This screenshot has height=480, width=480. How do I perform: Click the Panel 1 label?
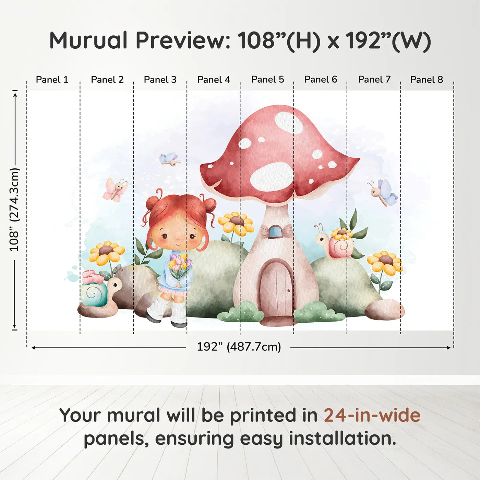pyautogui.click(x=52, y=80)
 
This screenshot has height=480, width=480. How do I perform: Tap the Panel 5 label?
pyautogui.click(x=267, y=80)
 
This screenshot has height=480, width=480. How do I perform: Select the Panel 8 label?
pyautogui.click(x=427, y=80)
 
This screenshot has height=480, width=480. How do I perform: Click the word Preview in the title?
pyautogui.click(x=180, y=40)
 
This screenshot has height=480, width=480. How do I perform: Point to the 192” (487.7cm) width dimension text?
pyautogui.click(x=239, y=347)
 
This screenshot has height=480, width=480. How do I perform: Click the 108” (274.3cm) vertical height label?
pyautogui.click(x=14, y=209)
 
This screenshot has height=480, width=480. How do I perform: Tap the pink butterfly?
pyautogui.click(x=115, y=189)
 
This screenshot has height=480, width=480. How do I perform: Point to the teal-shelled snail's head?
pyautogui.click(x=115, y=285)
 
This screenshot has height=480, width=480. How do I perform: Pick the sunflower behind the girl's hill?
pyautogui.click(x=236, y=224)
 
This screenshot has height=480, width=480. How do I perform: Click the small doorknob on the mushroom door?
pyautogui.click(x=289, y=290)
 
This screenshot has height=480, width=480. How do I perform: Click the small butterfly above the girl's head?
pyautogui.click(x=170, y=159)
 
